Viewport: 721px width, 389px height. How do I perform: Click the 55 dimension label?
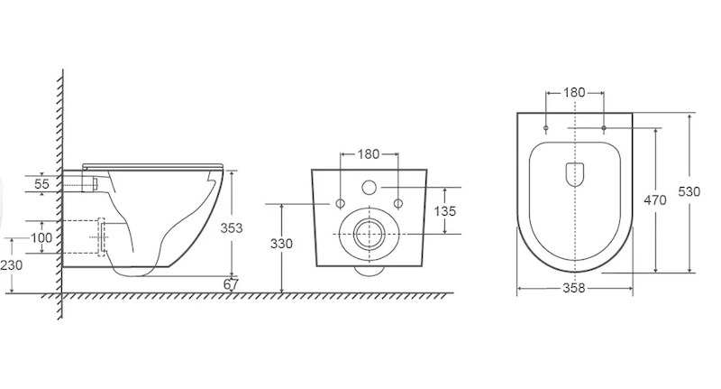tap(41, 184)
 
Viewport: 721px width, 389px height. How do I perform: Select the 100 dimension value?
tap(41, 238)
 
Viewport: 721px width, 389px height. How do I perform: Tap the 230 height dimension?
tap(11, 265)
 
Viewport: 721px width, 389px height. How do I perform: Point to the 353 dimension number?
tap(232, 227)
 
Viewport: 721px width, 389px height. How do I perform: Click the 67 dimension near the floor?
tap(231, 284)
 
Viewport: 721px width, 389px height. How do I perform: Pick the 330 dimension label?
tap(281, 243)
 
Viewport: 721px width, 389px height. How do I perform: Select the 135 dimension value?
tap(445, 211)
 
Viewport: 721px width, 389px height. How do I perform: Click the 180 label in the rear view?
tap(369, 153)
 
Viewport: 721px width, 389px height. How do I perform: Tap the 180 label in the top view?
tap(574, 93)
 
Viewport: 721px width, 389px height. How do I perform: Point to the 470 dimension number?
tap(655, 200)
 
